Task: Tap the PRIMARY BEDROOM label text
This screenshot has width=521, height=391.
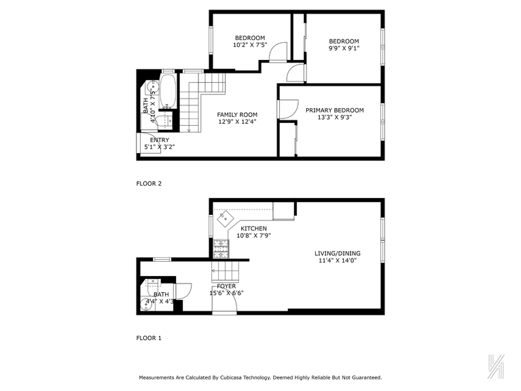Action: click(334, 110)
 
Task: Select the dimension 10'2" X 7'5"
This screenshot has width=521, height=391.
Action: click(250, 45)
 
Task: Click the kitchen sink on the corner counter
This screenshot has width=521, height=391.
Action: click(225, 220)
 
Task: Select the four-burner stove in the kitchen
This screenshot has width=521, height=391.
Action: click(221, 249)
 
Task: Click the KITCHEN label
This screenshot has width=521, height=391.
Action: click(253, 228)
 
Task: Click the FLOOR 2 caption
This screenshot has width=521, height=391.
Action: click(149, 184)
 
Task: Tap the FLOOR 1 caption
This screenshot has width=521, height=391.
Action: click(149, 338)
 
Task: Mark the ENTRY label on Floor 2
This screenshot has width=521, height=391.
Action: click(160, 140)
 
